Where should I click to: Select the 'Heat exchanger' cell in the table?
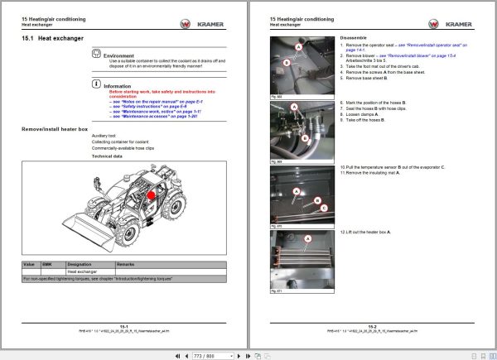pos(83,271)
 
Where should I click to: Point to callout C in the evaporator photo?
pos(324,207)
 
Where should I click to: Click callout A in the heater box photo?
pos(308,238)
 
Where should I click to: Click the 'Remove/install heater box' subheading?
pos(55,130)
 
